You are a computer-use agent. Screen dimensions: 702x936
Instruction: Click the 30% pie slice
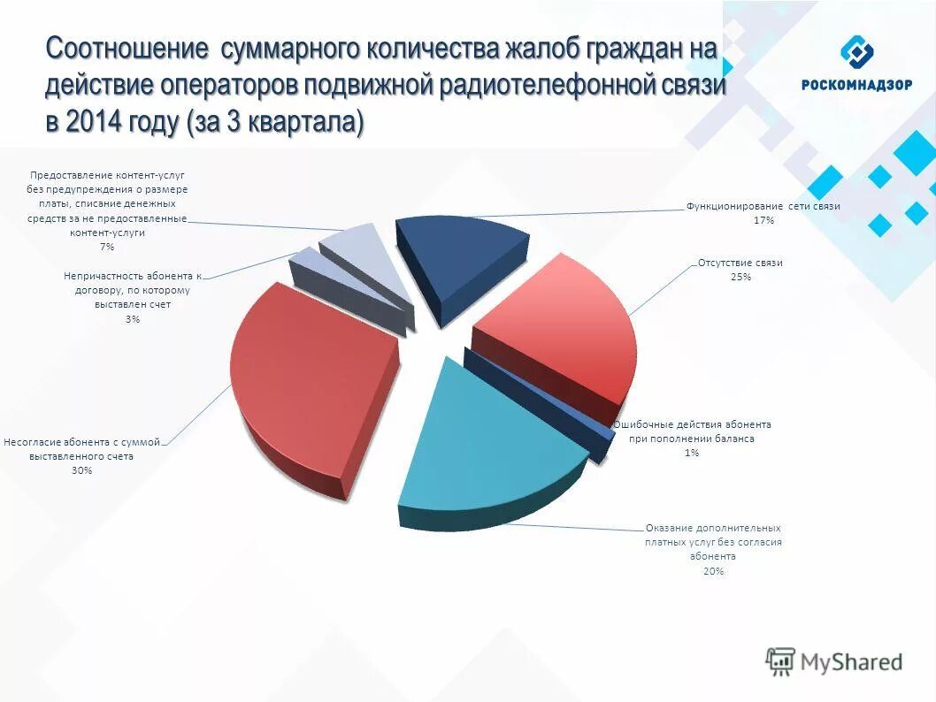pos(305,380)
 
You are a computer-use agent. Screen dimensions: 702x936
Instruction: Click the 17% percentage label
pos(763,220)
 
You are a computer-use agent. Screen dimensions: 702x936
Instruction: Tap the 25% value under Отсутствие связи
pos(740,277)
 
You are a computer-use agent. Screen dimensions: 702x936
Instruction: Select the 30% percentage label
pos(82,470)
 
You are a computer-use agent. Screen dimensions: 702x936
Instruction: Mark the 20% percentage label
pos(714,571)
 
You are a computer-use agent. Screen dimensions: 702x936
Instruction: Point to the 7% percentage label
pos(107,247)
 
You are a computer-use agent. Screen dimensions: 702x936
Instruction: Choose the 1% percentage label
pos(691,453)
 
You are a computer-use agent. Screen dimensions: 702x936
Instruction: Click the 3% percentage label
pos(132,318)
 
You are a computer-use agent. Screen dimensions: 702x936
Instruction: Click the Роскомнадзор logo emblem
pos(855,52)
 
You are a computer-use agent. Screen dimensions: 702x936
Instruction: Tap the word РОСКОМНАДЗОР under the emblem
pos(855,85)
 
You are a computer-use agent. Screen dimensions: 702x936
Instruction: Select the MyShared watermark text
pos(851,662)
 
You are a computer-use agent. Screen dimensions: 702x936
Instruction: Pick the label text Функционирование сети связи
pos(763,206)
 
